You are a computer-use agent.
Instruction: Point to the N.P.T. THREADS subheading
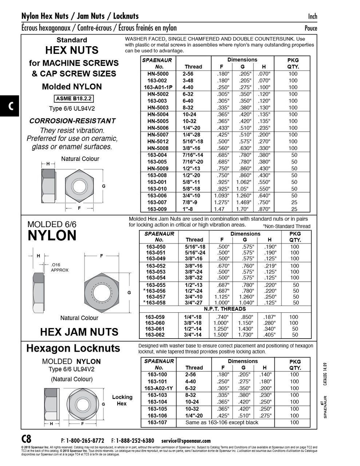(225, 309)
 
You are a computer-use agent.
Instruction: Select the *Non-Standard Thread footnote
(288, 226)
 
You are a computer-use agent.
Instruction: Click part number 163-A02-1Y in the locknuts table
(158, 388)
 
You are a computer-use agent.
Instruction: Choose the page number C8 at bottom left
(27, 439)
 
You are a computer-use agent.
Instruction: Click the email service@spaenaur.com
(186, 441)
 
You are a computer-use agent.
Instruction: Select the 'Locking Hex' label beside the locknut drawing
(122, 400)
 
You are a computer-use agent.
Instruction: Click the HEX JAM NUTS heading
(79, 332)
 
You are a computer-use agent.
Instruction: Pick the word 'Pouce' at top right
(310, 28)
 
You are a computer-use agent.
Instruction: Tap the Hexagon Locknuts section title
(73, 348)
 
